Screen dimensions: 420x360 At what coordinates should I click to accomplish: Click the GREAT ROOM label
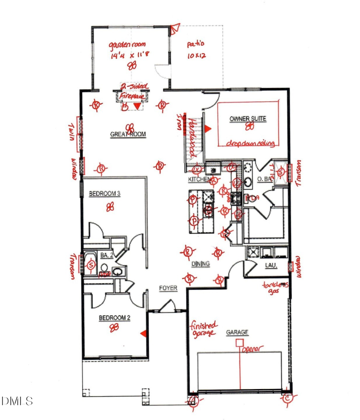pos(128,135)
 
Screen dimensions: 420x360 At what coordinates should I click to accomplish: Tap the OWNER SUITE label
pos(248,119)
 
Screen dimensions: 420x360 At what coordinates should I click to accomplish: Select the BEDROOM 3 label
pos(104,194)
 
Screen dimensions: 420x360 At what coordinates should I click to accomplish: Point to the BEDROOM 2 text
pos(115,318)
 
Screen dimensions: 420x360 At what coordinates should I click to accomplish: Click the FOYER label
pos(168,288)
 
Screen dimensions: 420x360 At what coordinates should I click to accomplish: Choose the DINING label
pos(200,264)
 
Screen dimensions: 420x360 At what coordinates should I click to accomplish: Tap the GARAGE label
pos(237,332)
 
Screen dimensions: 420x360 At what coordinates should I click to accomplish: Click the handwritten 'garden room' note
pos(129,45)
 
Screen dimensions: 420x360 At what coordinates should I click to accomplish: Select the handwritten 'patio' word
pos(195,45)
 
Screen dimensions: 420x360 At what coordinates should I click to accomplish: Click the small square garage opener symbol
pos(239,342)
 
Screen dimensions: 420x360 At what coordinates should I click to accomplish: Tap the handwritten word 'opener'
pos(252,349)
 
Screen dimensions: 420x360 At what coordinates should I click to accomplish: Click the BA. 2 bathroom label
pos(106,254)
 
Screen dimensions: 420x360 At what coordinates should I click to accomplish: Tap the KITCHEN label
pos(199,180)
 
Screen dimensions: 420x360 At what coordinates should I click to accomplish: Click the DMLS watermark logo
pos(17,401)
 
